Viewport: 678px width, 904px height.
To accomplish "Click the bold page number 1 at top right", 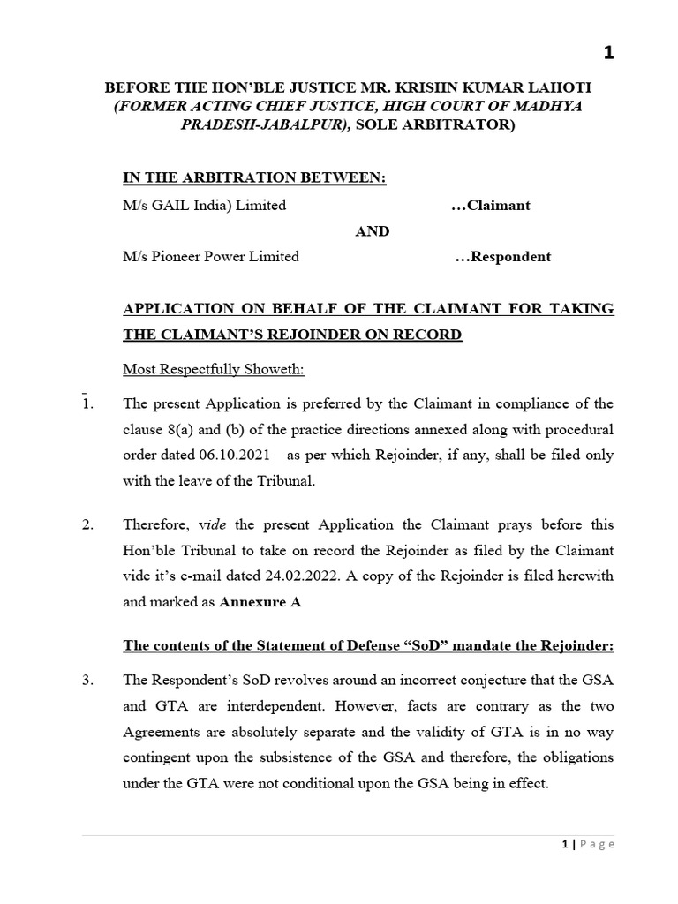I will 607,54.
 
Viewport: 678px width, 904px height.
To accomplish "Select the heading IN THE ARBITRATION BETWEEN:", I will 254,178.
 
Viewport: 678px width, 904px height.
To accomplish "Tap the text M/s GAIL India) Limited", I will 205,205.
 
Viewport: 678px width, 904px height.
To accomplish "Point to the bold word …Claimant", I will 490,205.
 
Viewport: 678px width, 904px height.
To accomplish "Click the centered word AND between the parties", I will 372,230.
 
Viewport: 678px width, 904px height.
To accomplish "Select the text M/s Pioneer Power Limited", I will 211,257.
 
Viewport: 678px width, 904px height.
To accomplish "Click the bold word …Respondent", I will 502,257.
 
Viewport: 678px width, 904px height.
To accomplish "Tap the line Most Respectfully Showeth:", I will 200,367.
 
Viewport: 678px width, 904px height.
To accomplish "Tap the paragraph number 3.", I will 87,681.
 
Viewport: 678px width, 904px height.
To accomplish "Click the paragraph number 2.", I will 87,524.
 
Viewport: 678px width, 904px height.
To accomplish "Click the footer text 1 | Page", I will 588,844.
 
